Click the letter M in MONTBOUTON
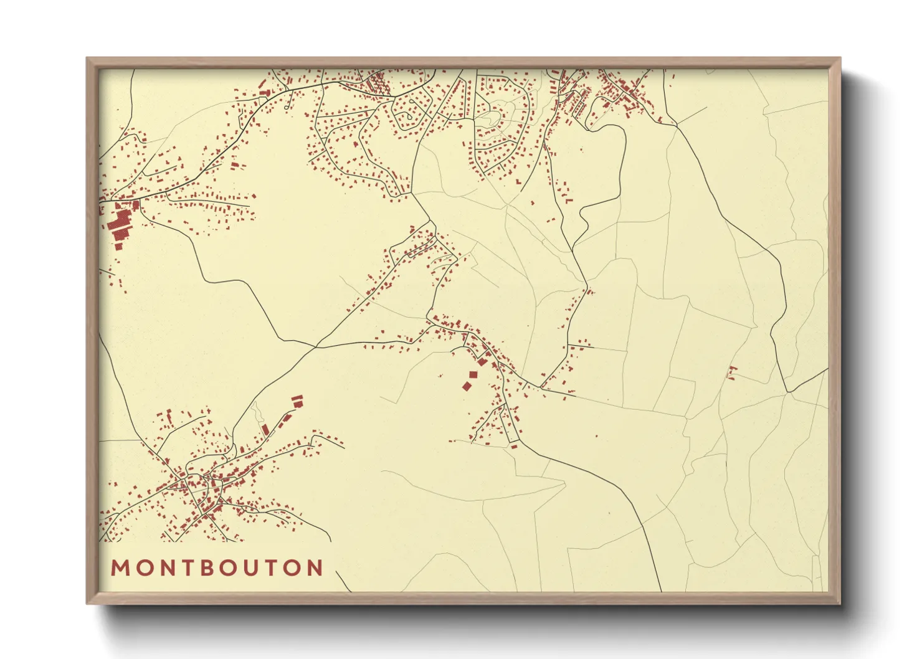point(119,568)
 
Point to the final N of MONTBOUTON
point(315,568)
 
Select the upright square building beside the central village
point(473,375)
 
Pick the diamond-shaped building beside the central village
point(466,386)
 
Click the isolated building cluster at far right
point(733,372)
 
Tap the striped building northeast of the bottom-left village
point(297,401)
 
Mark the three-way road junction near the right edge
point(788,392)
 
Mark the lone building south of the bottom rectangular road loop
point(514,446)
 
